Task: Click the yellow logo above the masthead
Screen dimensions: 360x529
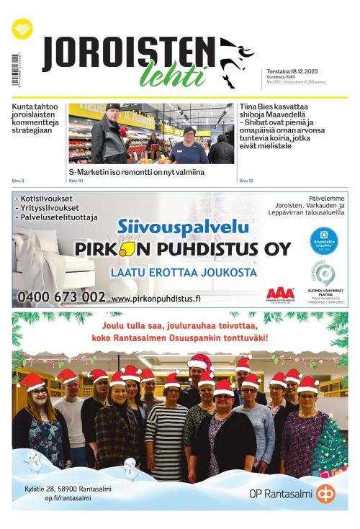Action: click(22, 30)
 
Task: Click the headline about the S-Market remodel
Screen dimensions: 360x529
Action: click(136, 173)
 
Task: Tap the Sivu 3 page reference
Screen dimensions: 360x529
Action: click(18, 181)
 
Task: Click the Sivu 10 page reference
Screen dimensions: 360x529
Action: click(76, 181)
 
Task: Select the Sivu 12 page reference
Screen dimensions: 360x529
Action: click(246, 181)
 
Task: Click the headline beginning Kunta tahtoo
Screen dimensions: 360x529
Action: click(38, 119)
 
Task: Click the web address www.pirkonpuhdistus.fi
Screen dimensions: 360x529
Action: click(156, 298)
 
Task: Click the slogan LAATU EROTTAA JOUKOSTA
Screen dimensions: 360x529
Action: click(184, 272)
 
